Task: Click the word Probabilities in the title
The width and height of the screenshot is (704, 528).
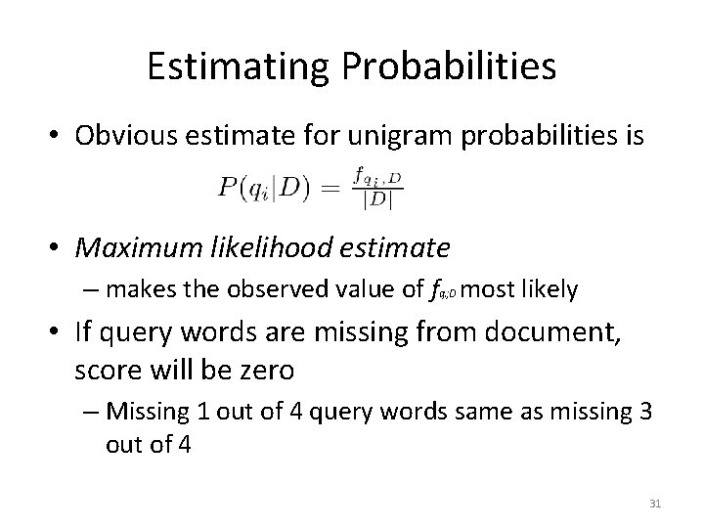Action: [x=452, y=67]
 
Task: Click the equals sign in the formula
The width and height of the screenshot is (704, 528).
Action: [x=330, y=189]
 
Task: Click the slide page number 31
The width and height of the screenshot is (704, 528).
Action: [x=656, y=504]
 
